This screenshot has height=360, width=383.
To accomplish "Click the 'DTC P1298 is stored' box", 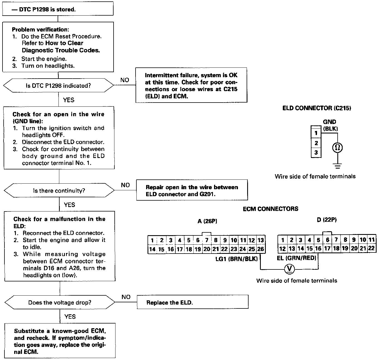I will coord(58,9).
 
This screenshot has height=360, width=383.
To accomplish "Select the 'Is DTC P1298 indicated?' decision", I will coord(58,86).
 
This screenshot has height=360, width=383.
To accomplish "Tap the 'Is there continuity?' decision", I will coord(59,191).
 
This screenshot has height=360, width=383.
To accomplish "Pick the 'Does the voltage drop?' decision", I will coord(60,303).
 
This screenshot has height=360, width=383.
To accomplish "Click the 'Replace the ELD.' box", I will coord(192,303).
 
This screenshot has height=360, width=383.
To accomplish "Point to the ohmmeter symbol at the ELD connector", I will coord(338,147).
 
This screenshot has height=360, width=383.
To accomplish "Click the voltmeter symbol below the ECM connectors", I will coord(289,269).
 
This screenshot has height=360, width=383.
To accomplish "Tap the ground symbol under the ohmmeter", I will coord(338,166).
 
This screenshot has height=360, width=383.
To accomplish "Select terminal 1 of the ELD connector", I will coord(316,133).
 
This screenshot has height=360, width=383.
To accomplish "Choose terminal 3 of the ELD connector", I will coord(316,152).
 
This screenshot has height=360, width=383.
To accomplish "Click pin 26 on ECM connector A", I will coord(261,249).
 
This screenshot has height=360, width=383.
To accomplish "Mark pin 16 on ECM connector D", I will coord(318,249).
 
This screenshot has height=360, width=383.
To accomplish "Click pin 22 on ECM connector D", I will coord(371,248).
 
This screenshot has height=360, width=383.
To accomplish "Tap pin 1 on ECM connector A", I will coord(152,240).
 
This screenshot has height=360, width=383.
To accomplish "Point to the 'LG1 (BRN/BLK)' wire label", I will coord(237,259).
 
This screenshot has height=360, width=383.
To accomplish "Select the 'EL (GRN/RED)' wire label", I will coord(297,258).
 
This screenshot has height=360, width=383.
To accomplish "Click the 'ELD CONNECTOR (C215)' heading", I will coord(316,108).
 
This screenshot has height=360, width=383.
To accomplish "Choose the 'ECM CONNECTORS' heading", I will coord(270,209).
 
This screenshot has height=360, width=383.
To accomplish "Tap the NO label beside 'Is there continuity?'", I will coord(126,185).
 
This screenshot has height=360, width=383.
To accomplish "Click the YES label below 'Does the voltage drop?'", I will coord(70,317).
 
